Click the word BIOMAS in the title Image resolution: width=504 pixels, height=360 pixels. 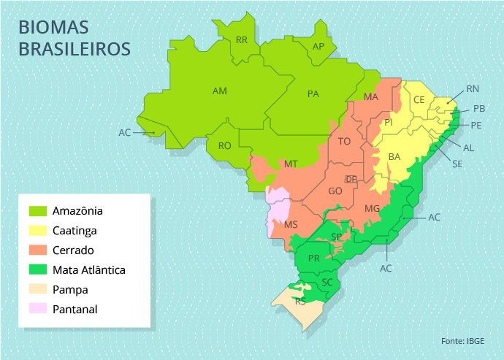[53, 28]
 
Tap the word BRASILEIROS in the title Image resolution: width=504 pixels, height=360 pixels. [75, 49]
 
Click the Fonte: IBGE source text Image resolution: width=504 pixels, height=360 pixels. [462, 341]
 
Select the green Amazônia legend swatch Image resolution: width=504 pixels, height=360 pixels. [38, 211]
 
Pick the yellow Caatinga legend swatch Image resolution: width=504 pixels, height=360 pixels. [38, 231]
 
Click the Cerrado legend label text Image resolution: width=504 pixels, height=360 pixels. [73, 250]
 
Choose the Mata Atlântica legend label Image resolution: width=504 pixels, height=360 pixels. [89, 269]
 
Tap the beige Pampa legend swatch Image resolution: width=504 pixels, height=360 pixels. [38, 289]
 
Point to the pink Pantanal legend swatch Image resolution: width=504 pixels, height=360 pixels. [38, 309]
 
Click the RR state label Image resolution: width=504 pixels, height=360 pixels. [242, 39]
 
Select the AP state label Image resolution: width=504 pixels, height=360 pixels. [318, 47]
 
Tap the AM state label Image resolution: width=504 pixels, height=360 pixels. [219, 91]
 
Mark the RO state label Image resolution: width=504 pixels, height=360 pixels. [225, 145]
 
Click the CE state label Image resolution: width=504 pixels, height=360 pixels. [419, 100]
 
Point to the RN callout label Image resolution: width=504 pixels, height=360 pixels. [473, 89]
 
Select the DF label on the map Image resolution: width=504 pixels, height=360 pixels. [351, 179]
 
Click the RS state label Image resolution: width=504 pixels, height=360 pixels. [300, 301]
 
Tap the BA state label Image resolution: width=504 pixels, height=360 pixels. [394, 157]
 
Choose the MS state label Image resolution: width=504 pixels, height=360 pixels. [291, 224]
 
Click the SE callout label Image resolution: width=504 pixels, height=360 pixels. [457, 164]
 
